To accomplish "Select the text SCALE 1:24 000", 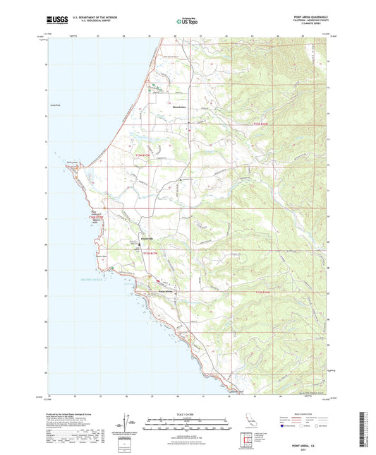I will [x=188, y=415].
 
